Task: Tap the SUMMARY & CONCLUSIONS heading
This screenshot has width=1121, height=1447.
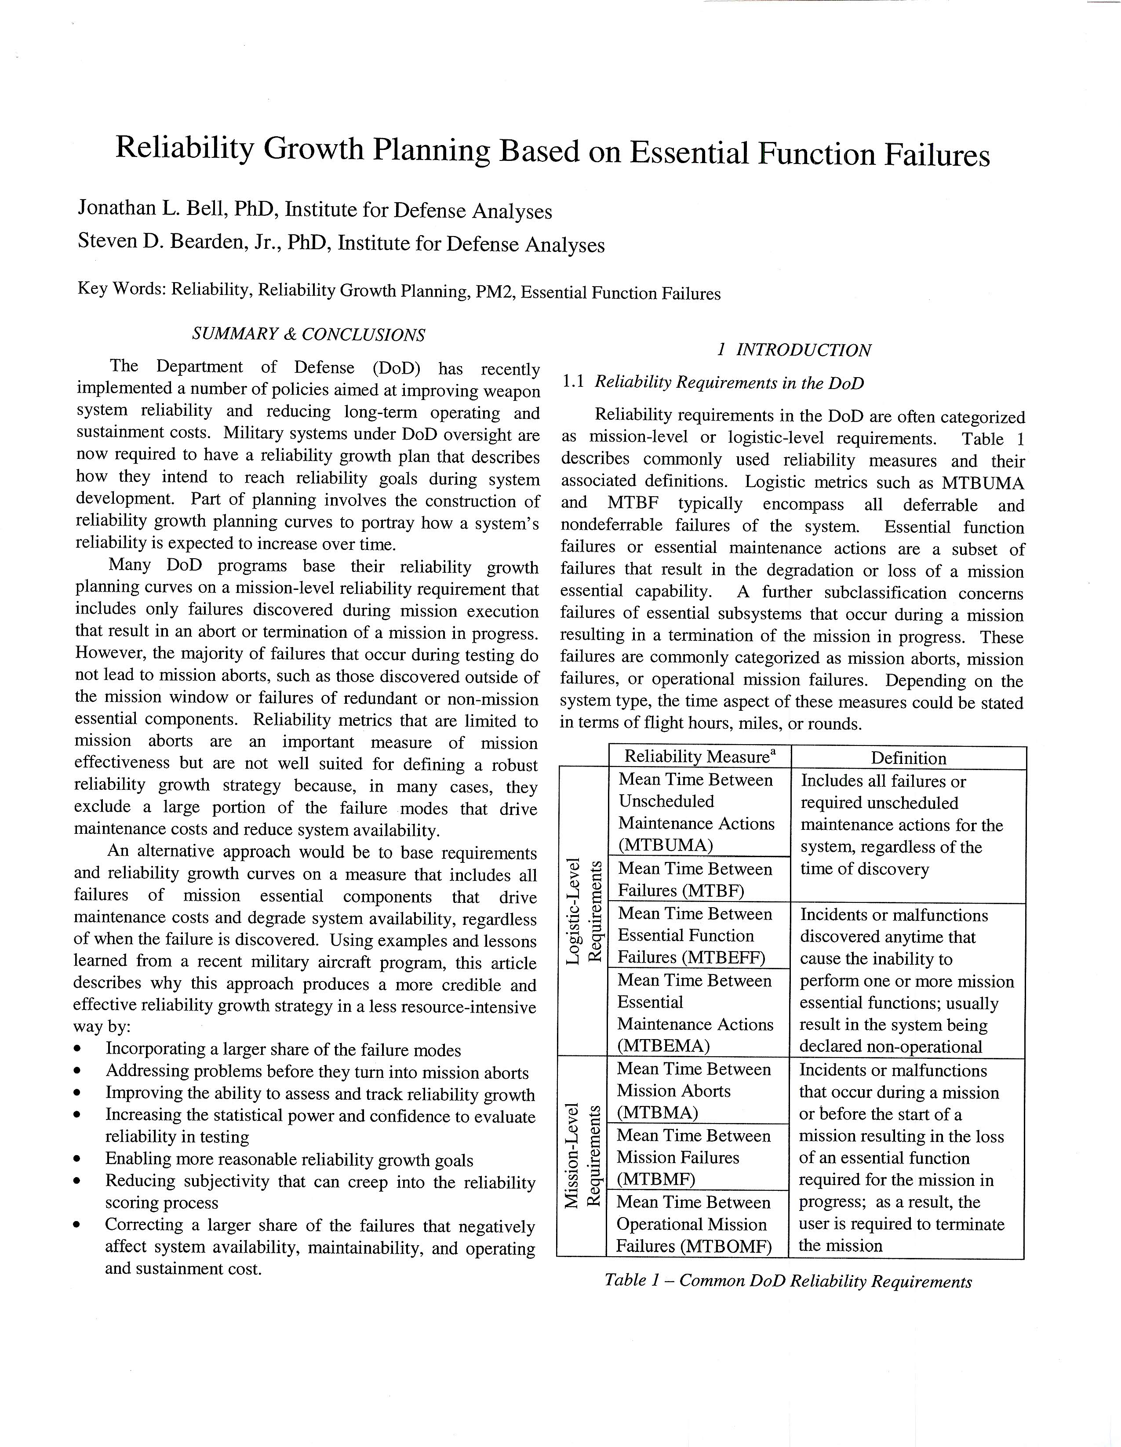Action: tap(308, 334)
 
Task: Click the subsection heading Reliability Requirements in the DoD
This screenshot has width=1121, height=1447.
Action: tap(729, 382)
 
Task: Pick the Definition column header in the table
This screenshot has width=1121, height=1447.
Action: tap(908, 758)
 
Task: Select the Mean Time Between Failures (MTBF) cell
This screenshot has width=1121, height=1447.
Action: tap(695, 879)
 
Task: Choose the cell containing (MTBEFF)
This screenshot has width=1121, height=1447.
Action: tap(695, 935)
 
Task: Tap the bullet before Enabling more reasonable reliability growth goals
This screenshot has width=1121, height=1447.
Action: tap(79, 1160)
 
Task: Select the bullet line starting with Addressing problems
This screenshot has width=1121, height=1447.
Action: tap(317, 1073)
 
